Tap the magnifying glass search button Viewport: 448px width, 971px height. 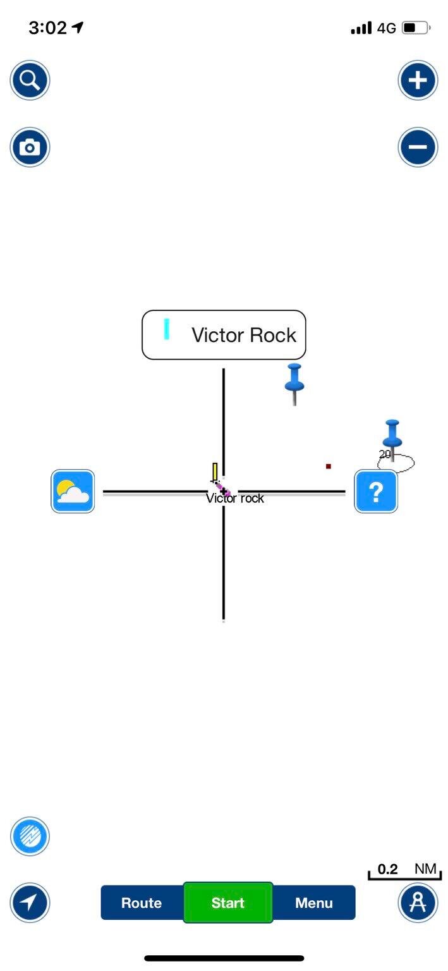30,80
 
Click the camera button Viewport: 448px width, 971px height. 30,147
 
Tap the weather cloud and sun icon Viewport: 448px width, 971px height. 73,491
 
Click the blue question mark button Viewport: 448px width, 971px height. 376,491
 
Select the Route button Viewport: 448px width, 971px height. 142,903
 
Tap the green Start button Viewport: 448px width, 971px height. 228,903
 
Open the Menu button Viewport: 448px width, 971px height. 314,903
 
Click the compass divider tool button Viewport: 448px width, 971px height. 418,903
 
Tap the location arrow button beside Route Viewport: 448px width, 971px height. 30,903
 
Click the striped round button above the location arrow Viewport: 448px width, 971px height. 30,836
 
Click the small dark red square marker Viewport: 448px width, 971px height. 329,467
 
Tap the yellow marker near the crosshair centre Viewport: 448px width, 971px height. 215,472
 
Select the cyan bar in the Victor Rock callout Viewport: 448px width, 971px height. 167,329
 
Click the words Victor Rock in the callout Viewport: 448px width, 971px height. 244,335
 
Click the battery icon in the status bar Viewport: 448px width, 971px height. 416,28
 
